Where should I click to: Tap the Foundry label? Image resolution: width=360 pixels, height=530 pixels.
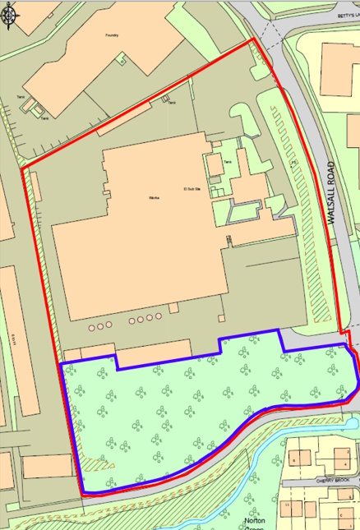click(x=113, y=35)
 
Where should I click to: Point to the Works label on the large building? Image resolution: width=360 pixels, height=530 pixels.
click(x=152, y=198)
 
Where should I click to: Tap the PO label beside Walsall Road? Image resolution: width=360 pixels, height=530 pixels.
click(x=293, y=163)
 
